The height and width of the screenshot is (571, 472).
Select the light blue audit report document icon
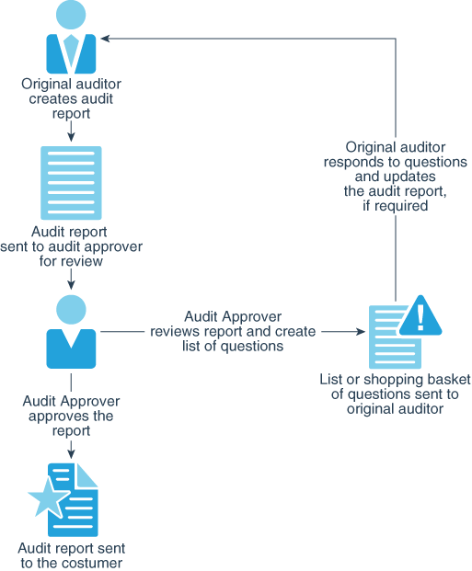point(71,180)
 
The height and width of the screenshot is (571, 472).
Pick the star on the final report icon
point(47,501)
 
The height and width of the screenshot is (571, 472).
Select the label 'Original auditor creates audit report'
point(71,99)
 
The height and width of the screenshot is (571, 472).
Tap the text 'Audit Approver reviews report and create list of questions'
point(233,331)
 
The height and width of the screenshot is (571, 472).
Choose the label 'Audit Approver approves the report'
point(71,416)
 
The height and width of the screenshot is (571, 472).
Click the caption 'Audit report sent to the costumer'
point(71,554)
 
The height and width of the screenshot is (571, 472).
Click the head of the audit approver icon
point(71,310)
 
